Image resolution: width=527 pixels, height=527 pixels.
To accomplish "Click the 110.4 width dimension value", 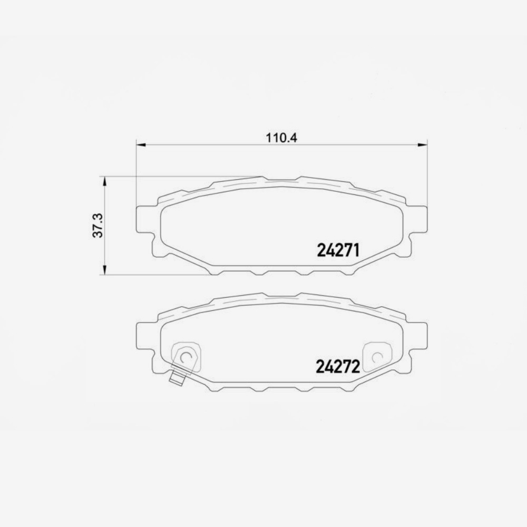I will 282,138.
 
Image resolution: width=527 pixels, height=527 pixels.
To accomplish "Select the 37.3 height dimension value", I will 98,226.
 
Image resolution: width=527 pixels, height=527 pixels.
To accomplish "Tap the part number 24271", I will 338,250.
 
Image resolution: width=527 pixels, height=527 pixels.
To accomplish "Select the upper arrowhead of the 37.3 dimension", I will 104,181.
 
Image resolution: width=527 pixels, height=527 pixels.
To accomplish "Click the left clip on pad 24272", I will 186,356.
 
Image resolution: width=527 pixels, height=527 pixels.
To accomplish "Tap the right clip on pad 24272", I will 377,356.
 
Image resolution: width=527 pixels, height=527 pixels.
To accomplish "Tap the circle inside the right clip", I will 377,357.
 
